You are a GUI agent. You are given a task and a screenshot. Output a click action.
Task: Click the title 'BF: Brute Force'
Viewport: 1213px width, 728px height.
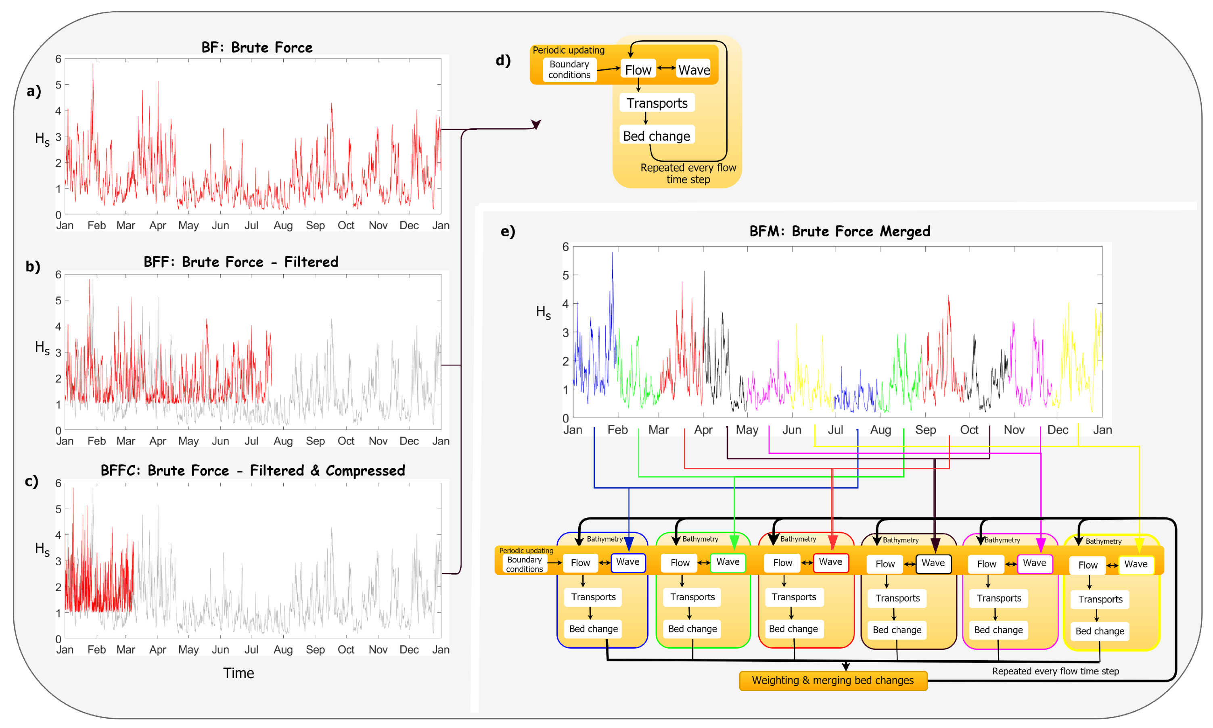click(x=257, y=48)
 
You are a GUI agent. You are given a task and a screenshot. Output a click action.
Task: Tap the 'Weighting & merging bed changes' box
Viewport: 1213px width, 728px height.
click(x=833, y=680)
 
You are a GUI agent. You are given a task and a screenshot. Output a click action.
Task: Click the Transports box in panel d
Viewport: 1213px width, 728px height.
click(x=657, y=103)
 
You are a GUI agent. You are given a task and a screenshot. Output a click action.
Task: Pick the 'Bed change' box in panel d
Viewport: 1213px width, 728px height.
click(x=656, y=136)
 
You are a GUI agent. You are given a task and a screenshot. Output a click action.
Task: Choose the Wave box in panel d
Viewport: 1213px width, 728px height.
click(x=694, y=70)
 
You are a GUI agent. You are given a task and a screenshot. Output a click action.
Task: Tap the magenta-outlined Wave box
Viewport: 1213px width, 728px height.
click(x=1034, y=563)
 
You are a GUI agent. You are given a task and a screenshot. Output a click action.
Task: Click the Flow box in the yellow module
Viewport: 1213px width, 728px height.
click(x=1088, y=565)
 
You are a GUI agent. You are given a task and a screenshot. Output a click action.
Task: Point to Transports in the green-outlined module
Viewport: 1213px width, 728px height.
click(x=692, y=597)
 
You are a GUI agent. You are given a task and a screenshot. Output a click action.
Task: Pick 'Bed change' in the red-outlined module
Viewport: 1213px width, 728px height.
click(x=793, y=629)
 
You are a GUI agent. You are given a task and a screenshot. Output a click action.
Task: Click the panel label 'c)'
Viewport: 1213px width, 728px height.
click(x=32, y=481)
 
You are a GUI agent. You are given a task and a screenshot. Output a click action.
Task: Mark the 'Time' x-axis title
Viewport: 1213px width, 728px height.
click(x=238, y=673)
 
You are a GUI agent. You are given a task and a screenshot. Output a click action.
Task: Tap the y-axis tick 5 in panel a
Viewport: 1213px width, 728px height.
click(x=59, y=85)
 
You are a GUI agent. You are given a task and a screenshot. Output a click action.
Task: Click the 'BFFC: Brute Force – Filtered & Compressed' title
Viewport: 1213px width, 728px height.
click(x=253, y=470)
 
